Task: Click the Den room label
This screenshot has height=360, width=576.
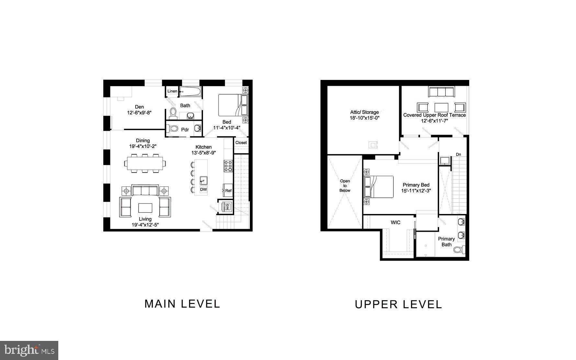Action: click(x=139, y=107)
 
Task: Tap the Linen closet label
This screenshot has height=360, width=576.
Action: click(x=172, y=91)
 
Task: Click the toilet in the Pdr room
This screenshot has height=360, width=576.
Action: click(x=174, y=129)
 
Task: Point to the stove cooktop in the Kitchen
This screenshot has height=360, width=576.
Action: click(x=228, y=165)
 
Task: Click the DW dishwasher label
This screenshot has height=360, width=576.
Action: click(x=203, y=190)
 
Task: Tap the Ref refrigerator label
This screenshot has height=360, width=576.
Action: click(x=228, y=191)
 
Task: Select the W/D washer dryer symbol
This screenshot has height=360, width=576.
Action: click(x=227, y=206)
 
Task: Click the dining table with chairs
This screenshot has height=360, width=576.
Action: click(x=145, y=163)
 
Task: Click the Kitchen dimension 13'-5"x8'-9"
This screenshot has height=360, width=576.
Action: click(x=204, y=153)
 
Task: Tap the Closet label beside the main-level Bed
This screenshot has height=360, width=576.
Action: click(x=241, y=142)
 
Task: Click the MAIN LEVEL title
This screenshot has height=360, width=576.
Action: click(x=182, y=304)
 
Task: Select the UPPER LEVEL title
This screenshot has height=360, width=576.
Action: click(x=398, y=305)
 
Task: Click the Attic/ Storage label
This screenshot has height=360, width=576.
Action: click(x=364, y=112)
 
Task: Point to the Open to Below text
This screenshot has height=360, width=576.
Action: click(x=345, y=186)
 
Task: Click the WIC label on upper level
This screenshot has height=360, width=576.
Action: click(x=395, y=222)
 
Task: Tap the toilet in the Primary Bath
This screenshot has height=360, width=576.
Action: click(x=458, y=250)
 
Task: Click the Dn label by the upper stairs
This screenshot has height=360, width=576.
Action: click(x=458, y=154)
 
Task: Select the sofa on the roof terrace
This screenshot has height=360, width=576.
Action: click(x=442, y=92)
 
